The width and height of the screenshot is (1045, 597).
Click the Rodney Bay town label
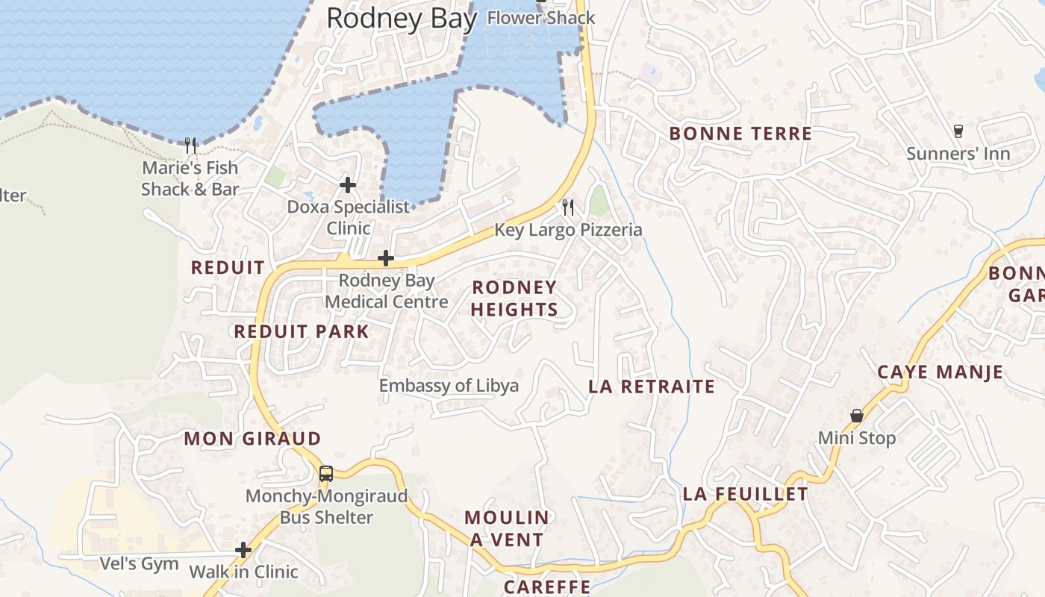[402, 19]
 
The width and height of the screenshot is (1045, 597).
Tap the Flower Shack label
[540, 18]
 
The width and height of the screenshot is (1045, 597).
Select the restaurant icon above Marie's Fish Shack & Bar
[191, 144]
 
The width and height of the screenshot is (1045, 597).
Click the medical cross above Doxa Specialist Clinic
[348, 184]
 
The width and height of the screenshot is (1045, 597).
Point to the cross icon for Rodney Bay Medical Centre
[386, 258]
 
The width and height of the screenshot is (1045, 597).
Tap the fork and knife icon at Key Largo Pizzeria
[569, 207]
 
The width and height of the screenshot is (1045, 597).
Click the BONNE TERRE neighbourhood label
[740, 134]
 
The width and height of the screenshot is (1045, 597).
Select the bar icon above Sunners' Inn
[958, 131]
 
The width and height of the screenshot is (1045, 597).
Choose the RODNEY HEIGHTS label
[514, 298]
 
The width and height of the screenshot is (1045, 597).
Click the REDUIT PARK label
[302, 331]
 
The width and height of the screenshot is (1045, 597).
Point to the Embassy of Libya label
[449, 386]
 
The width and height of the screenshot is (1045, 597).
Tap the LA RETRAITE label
[652, 386]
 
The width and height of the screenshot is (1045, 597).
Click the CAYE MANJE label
[940, 372]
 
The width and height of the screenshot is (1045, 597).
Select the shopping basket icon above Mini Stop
[857, 416]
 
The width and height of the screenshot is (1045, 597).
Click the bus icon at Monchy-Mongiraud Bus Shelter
[326, 473]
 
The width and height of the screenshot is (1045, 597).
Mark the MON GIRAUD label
[252, 438]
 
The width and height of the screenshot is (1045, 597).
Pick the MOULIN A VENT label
[507, 528]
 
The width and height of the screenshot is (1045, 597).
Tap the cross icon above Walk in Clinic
[243, 550]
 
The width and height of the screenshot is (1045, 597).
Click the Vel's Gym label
[140, 563]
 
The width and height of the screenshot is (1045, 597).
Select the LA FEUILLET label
[745, 494]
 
